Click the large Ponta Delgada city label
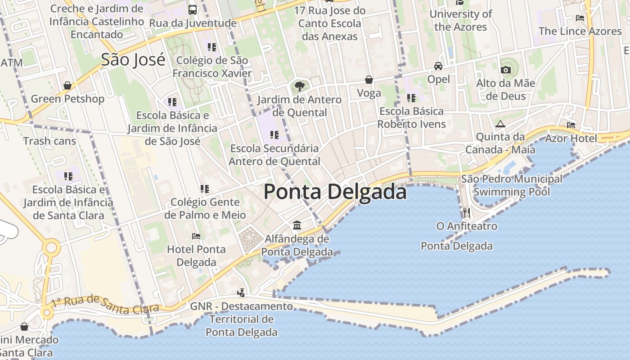click(335, 192)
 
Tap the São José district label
click(133, 59)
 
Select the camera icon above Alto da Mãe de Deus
click(505, 70)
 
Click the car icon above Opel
click(438, 66)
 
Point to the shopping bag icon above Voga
click(369, 80)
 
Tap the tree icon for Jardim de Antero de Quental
click(299, 86)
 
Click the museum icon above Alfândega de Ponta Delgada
click(297, 225)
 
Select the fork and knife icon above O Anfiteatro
click(467, 212)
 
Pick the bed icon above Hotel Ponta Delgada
click(196, 236)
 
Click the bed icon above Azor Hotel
click(571, 125)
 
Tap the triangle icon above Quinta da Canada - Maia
click(500, 124)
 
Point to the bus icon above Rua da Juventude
click(193, 9)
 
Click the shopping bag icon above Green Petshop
click(67, 85)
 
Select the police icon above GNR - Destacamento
click(241, 293)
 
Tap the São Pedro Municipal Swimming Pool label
click(512, 185)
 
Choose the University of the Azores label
click(461, 20)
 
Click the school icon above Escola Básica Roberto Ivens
click(411, 98)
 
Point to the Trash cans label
click(49, 141)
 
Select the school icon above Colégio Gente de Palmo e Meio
click(205, 189)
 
